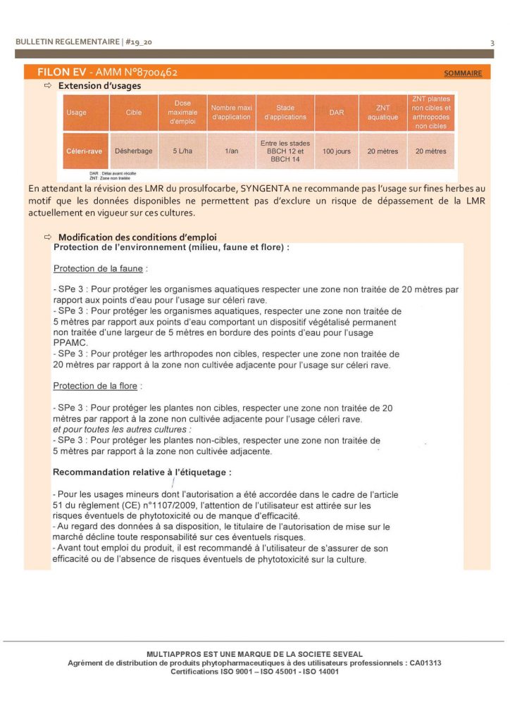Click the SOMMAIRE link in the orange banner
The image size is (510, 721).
(x=463, y=73)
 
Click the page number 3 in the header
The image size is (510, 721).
(x=492, y=43)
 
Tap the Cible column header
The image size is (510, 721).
(x=134, y=113)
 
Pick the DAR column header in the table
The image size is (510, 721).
(x=336, y=113)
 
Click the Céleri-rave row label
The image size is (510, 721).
(x=85, y=151)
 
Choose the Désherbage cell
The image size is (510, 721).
(x=134, y=151)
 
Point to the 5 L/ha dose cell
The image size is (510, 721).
(x=182, y=151)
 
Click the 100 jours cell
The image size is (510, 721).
(x=336, y=151)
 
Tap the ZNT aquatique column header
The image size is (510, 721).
(x=382, y=113)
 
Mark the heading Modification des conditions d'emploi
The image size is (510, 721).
(x=137, y=237)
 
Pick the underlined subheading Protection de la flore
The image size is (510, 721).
(x=96, y=386)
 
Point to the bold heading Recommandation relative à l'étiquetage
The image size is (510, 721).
(x=142, y=472)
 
